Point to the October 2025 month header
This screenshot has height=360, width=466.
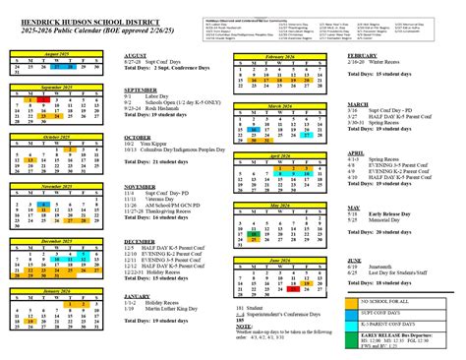click(45, 138)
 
